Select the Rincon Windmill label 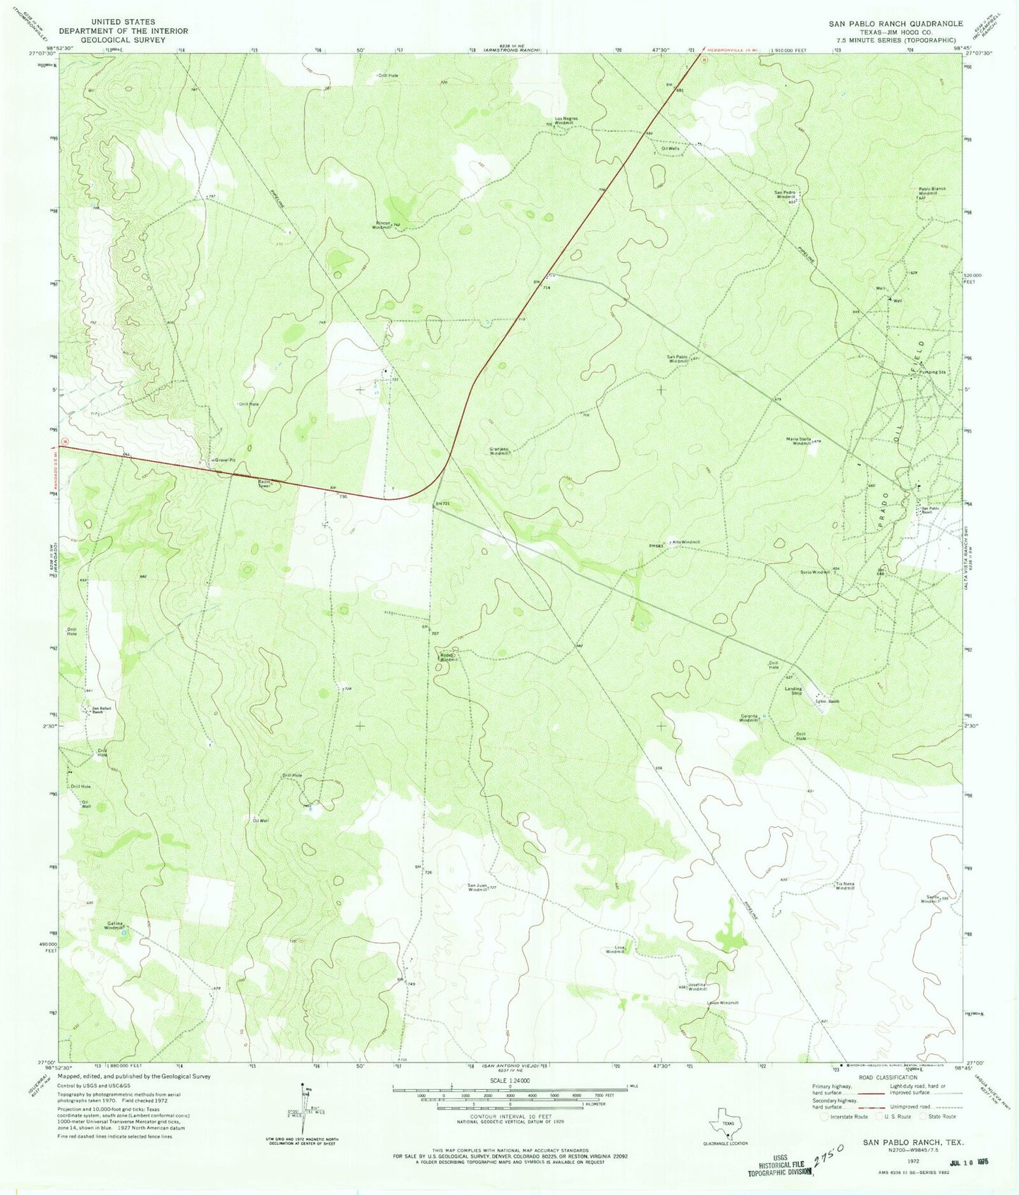coord(382,226)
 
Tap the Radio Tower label coord(264,484)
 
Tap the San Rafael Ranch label coord(98,710)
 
